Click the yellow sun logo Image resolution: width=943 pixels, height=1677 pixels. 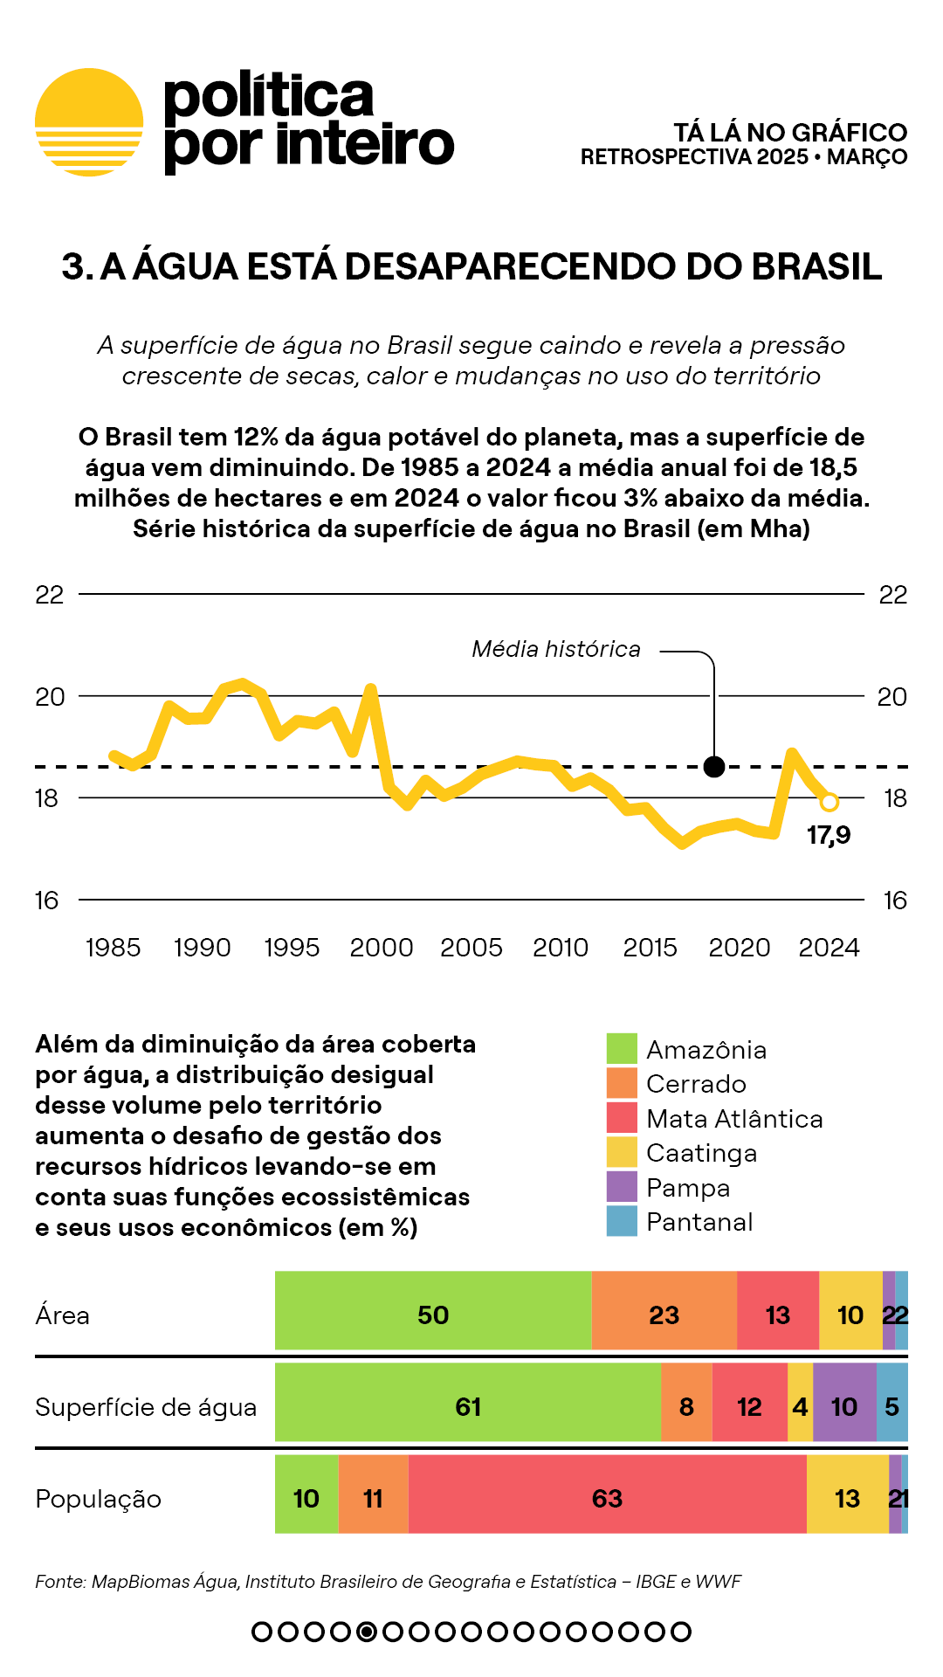pos(89,122)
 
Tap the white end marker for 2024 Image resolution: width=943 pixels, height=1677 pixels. pos(829,802)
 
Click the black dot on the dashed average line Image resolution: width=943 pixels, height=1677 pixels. pos(714,767)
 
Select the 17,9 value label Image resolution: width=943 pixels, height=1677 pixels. pos(829,835)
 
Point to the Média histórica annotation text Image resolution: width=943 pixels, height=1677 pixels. pos(556,649)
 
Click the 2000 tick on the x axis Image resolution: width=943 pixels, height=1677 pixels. pos(382,948)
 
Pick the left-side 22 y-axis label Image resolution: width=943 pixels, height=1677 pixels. pos(50,595)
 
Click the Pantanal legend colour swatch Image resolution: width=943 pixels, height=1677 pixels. pos(622,1221)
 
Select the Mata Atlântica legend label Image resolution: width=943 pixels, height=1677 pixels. pos(734,1119)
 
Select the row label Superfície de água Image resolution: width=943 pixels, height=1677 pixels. pos(146,1407)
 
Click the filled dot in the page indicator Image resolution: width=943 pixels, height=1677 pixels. pos(367,1632)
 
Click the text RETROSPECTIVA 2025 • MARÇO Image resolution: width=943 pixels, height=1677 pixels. pos(744,157)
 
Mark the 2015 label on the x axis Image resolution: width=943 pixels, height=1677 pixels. pos(650,948)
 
